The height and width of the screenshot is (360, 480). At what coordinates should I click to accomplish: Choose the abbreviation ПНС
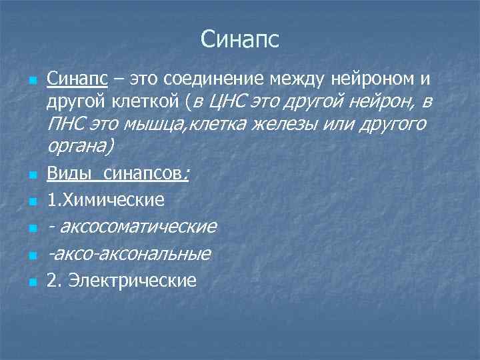(67, 124)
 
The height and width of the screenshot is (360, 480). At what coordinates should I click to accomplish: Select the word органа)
(81, 146)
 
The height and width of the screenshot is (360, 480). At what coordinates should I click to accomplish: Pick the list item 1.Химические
(105, 199)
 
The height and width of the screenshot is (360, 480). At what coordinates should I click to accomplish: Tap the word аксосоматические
(137, 227)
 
